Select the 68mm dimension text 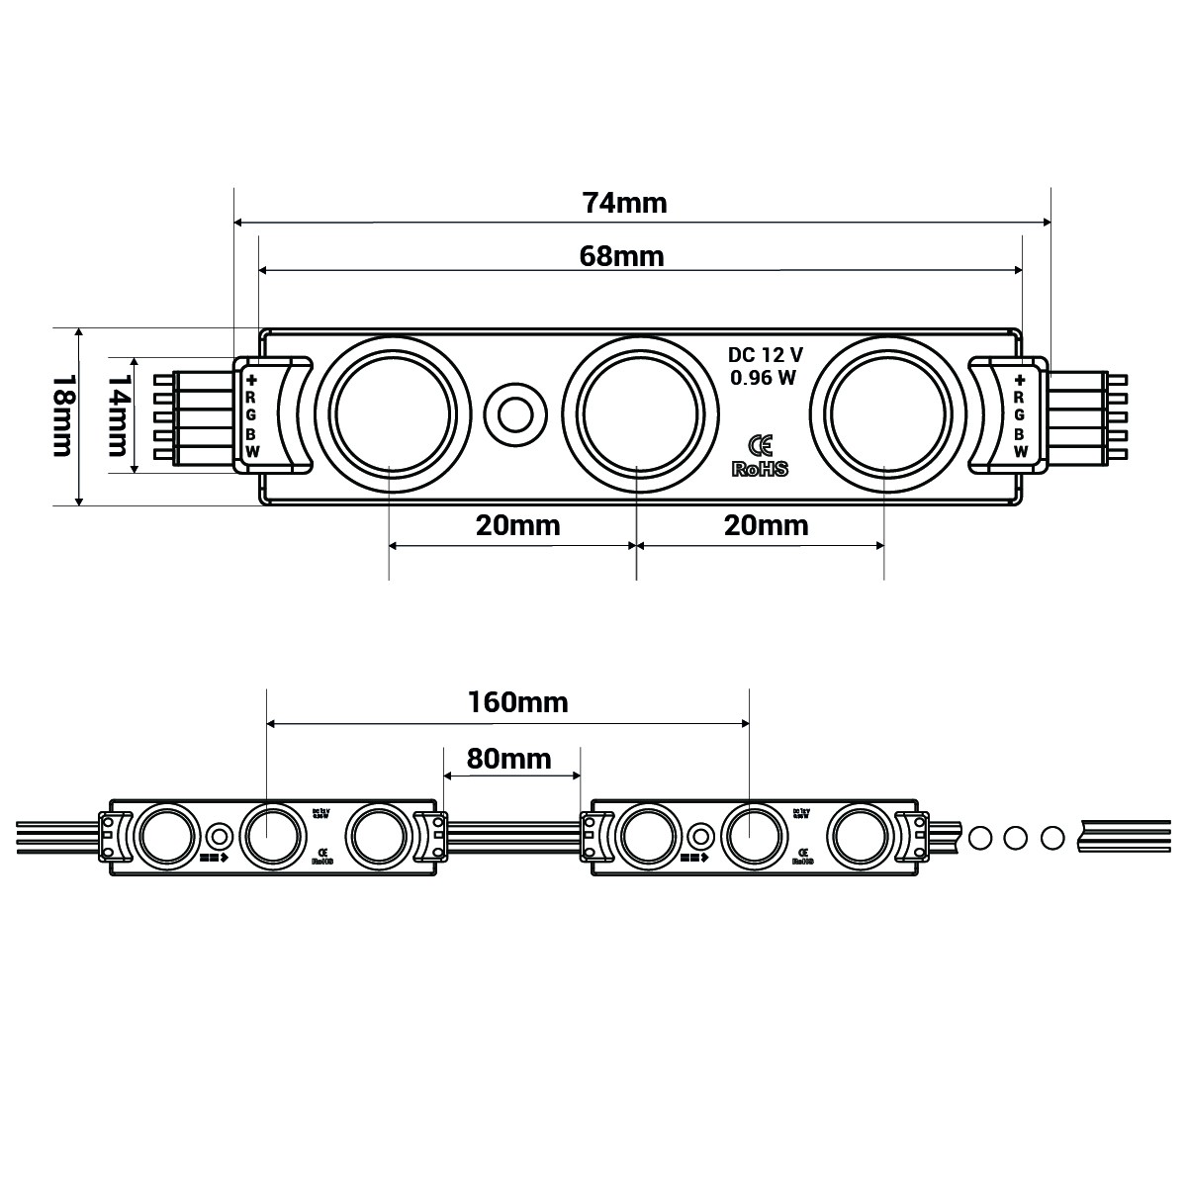pos(620,256)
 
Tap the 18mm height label pos(60,416)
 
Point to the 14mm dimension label pos(119,416)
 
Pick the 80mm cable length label pos(508,759)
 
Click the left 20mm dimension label pos(517,524)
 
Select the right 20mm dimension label pos(766,524)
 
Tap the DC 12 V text pos(766,355)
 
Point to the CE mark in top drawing pos(761,444)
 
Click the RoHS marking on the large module pos(760,469)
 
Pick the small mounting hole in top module pos(514,413)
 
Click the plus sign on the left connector pos(251,380)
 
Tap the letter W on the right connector pos(1020,451)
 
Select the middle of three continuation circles pos(1015,837)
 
